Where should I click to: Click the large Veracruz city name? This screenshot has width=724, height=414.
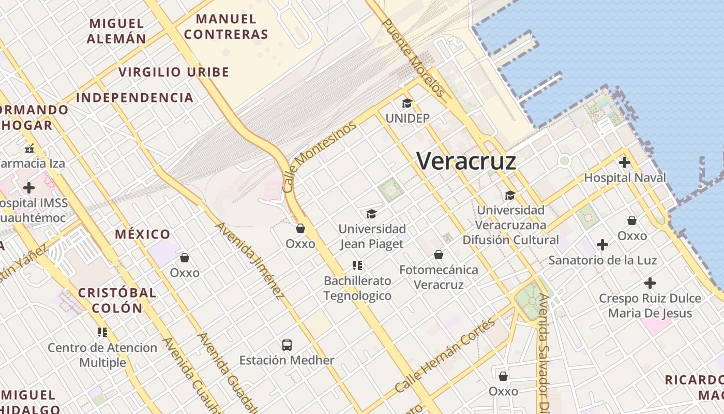pyautogui.click(x=466, y=161)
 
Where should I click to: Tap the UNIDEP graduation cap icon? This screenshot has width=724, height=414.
pyautogui.click(x=407, y=103)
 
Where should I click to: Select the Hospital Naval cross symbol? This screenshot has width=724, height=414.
pyautogui.click(x=625, y=162)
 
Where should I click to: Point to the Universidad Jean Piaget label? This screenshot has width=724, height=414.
pyautogui.click(x=372, y=236)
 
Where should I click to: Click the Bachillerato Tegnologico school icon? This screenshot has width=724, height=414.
pyautogui.click(x=357, y=265)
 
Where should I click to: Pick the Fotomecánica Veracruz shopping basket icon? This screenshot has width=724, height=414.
pyautogui.click(x=439, y=255)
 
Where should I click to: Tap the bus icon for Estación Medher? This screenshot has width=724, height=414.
pyautogui.click(x=287, y=345)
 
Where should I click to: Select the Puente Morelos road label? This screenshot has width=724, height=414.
pyautogui.click(x=413, y=58)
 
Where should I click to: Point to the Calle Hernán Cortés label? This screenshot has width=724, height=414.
pyautogui.click(x=445, y=356)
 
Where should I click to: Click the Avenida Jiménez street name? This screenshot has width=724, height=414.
pyautogui.click(x=250, y=261)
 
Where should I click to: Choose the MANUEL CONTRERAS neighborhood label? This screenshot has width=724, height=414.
pyautogui.click(x=227, y=27)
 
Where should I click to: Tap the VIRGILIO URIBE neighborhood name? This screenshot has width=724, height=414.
pyautogui.click(x=174, y=72)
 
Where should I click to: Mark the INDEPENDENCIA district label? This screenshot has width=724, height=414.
pyautogui.click(x=134, y=97)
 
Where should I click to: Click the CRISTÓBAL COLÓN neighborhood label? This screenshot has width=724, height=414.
pyautogui.click(x=117, y=300)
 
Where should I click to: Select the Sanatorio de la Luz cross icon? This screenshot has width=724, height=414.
pyautogui.click(x=602, y=244)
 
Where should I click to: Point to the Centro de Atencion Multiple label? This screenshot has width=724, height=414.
pyautogui.click(x=102, y=354)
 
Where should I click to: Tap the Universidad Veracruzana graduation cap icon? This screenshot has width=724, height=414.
pyautogui.click(x=510, y=195)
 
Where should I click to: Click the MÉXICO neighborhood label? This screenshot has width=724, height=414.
pyautogui.click(x=142, y=234)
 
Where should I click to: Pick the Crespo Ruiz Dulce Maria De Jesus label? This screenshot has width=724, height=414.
pyautogui.click(x=650, y=306)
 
